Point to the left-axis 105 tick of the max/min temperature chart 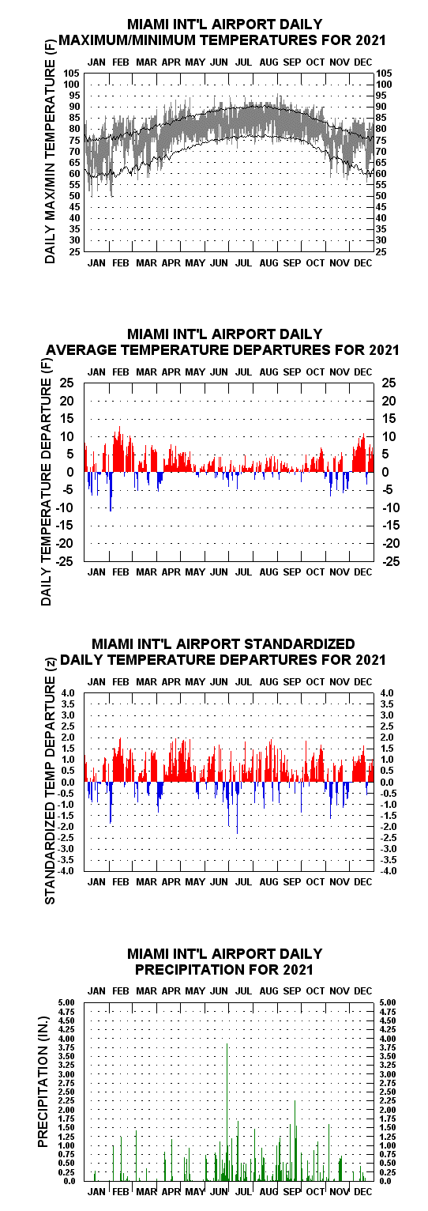pyautogui.click(x=71, y=74)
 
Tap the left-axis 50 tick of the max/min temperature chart pyautogui.click(x=74, y=196)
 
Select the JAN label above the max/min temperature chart pyautogui.click(x=96, y=62)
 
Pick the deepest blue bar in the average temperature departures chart pyautogui.click(x=111, y=492)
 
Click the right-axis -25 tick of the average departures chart pyautogui.click(x=389, y=561)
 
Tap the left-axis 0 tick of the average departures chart pyautogui.click(x=69, y=472)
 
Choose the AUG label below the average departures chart pyautogui.click(x=268, y=572)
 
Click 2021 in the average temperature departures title pyautogui.click(x=385, y=350)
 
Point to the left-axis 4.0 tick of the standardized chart pyautogui.click(x=73, y=693)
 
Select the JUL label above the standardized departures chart pyautogui.click(x=244, y=681)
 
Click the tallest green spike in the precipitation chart pyautogui.click(x=227, y=1106)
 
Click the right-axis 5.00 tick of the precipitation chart pyautogui.click(x=388, y=1003)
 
